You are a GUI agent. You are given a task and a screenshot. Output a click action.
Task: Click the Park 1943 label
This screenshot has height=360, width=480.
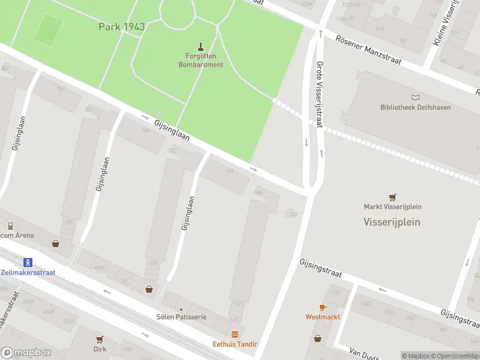tap(122, 27)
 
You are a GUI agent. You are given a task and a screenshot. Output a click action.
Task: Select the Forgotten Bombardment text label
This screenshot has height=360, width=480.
tap(200, 61)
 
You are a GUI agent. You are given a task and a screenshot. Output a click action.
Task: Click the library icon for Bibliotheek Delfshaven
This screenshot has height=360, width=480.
tap(415, 97)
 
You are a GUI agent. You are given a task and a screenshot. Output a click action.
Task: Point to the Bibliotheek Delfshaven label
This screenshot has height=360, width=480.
tap(415, 107)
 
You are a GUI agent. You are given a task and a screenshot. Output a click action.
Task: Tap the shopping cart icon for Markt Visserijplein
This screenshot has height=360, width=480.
tap(392, 197)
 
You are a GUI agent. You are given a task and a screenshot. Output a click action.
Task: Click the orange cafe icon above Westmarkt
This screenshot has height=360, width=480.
tap(323, 307)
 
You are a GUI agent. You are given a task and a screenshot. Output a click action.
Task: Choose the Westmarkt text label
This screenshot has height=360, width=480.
tap(323, 316)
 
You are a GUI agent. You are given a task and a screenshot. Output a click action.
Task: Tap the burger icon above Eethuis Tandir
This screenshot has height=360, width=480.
tap(235, 334)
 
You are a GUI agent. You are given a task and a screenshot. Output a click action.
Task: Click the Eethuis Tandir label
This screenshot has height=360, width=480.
tap(235, 344)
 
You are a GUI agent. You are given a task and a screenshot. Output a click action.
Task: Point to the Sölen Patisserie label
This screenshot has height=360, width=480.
tap(181, 316)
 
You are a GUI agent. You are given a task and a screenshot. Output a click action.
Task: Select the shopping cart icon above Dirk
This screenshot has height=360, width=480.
tap(100, 339)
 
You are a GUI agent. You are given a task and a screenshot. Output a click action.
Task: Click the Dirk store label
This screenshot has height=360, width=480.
tap(100, 349)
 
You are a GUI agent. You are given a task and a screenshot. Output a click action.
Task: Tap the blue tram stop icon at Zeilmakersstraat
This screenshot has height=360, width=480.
tap(27, 262)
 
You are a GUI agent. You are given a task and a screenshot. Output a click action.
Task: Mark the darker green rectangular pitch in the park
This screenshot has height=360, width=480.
tap(48, 29)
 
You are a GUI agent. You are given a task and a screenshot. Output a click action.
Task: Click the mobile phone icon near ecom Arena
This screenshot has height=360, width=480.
tap(10, 226)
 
